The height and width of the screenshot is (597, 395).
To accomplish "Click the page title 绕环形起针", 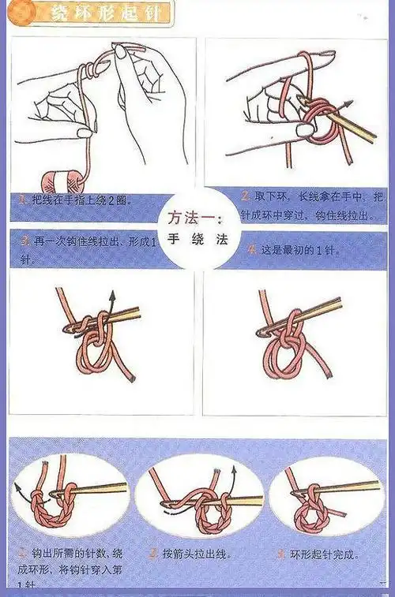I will [98, 13].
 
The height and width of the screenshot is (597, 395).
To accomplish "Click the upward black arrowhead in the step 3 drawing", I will [112, 294].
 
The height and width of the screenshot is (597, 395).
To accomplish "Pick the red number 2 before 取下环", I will [246, 195].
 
